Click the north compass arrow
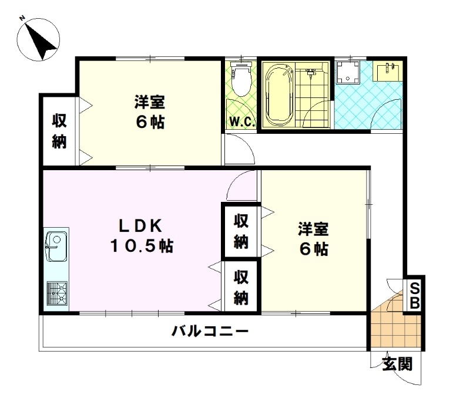click(x=40, y=41)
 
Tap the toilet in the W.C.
click(x=241, y=79)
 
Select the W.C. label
click(x=242, y=122)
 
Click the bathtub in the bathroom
click(x=278, y=95)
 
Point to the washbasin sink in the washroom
click(x=388, y=72)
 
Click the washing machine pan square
click(x=348, y=72)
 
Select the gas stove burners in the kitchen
click(x=57, y=293)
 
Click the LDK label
click(x=140, y=226)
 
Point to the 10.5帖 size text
click(x=142, y=246)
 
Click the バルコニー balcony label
click(x=210, y=332)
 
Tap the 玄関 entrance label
click(x=398, y=364)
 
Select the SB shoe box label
click(x=415, y=296)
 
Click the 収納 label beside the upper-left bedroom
click(x=59, y=131)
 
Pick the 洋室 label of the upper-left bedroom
click(x=150, y=102)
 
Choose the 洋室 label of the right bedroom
click(x=313, y=229)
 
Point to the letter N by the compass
click(x=22, y=19)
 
